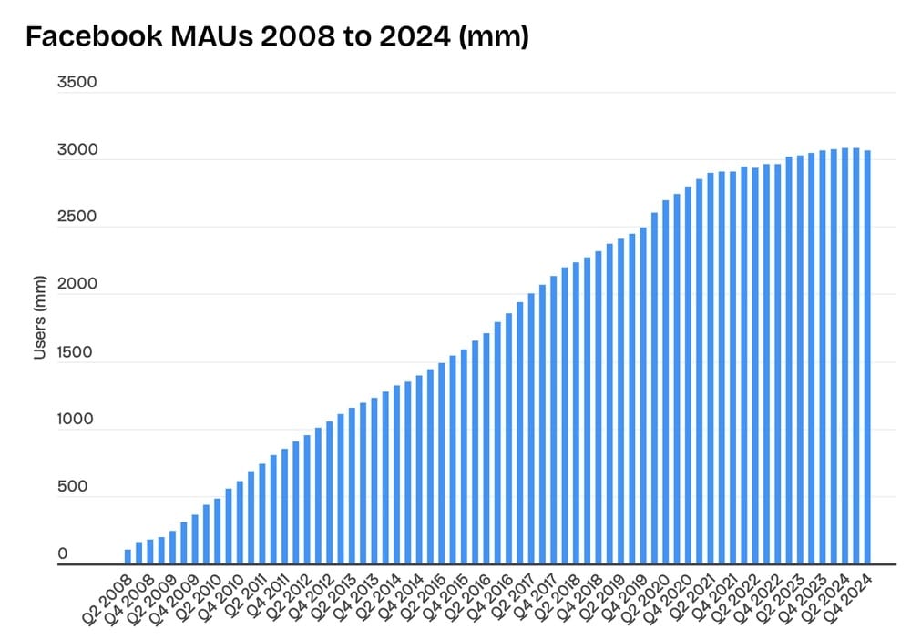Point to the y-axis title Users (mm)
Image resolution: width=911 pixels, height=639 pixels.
pos(39,314)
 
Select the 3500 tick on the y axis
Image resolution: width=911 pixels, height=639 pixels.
pos(77,83)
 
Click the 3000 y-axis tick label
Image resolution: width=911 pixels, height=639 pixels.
pos(77,150)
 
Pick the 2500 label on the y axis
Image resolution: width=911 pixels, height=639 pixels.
pos(77,218)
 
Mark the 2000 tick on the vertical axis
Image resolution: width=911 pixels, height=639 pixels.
pos(77,285)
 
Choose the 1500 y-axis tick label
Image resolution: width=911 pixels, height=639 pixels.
pos(77,352)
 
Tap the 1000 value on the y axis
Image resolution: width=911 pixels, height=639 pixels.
pos(77,420)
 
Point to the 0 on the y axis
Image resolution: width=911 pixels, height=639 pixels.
pos(63,554)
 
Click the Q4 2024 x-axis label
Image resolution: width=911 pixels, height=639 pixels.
pos(850,596)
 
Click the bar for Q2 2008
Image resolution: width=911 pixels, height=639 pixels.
pos(128,557)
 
